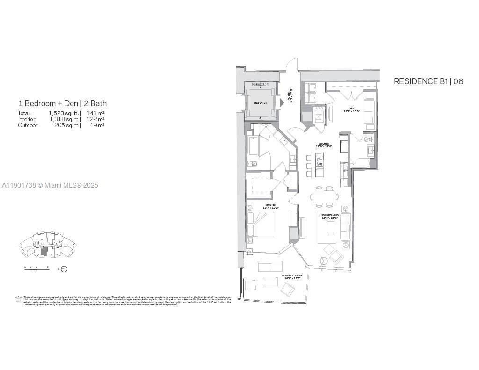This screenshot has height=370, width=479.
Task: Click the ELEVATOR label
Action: pos(261,103)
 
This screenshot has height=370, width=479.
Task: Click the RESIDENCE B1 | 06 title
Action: pos(428,81)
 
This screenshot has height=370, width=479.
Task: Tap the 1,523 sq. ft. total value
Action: pos(64,113)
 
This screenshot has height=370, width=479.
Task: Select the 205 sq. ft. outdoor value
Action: pos(65,125)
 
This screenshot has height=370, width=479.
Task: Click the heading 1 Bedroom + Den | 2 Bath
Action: pos(62,103)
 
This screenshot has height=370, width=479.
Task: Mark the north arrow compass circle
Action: pos(65,269)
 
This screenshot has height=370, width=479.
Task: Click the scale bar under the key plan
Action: pos(37,268)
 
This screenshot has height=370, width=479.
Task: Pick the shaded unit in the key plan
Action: pos(44,251)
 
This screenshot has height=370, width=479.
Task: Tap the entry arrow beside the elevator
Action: pos(282,102)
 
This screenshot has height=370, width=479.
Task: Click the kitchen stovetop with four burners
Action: pos(319,162)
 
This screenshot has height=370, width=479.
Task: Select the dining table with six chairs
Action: pos(324,197)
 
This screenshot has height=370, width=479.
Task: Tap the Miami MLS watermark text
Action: pos(50,186)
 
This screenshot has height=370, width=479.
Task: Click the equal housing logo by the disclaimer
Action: pos(18,299)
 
